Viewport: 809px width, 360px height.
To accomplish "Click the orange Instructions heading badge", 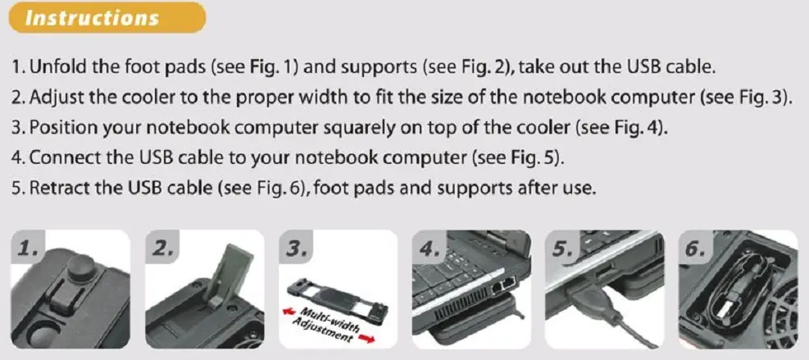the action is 107,17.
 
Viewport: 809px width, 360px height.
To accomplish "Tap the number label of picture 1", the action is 28,249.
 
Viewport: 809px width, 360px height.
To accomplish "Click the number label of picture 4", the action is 429,249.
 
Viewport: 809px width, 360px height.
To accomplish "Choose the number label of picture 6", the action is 695,249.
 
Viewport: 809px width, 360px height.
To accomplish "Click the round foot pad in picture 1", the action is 79,269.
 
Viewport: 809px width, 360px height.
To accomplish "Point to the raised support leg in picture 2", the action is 228,280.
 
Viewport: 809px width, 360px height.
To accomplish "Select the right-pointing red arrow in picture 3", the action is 365,337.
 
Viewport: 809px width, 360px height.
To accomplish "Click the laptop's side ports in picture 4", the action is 504,285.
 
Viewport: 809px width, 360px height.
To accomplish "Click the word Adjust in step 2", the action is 54,98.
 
